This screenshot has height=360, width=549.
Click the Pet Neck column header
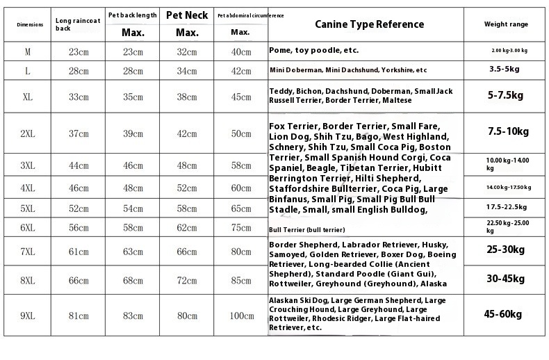tap(187, 15)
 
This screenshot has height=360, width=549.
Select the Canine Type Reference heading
tap(369, 24)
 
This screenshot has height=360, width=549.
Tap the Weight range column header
tap(506, 24)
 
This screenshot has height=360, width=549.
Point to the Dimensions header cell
tap(29, 24)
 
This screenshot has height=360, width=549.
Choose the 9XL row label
tap(28, 316)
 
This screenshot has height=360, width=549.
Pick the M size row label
tap(28, 51)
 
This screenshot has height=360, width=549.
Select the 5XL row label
tap(28, 208)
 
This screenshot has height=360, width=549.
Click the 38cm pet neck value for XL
tap(187, 97)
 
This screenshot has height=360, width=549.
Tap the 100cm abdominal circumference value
tap(241, 316)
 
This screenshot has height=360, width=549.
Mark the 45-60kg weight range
tap(505, 314)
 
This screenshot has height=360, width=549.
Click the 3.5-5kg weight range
tap(505, 69)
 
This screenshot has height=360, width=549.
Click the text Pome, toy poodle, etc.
tap(313, 51)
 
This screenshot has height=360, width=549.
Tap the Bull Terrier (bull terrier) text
tap(306, 229)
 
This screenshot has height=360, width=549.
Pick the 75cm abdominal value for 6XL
tap(241, 227)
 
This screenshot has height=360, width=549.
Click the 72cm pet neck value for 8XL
tap(187, 280)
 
